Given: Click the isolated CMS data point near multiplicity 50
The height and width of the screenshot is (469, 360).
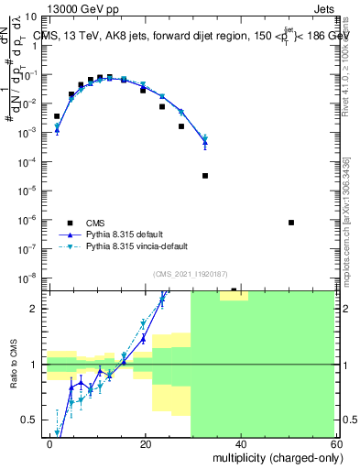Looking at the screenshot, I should tap(291, 223).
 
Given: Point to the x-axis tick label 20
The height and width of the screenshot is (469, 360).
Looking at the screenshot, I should tap(146, 442).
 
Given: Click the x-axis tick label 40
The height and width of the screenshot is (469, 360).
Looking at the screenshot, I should tap(240, 442).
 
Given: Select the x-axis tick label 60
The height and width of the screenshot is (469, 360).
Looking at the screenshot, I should tap(334, 442).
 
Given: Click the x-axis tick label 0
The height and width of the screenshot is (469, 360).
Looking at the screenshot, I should tap(50, 442).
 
